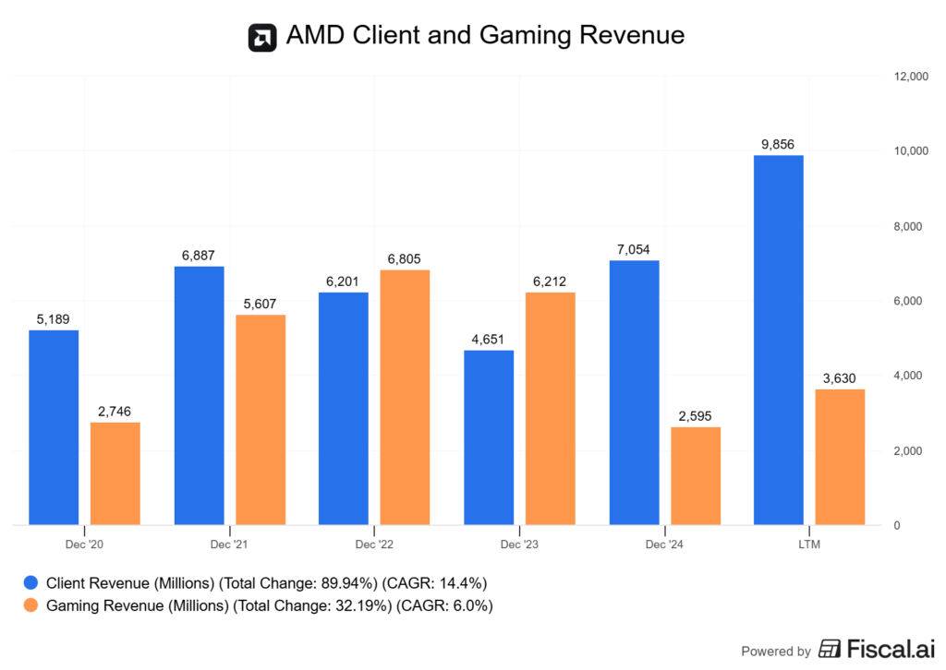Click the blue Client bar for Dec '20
pos(54,427)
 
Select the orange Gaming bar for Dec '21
pos(260,420)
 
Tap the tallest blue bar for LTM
pos(779,341)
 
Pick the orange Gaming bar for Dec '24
pos(696,476)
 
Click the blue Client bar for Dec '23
pos(489,437)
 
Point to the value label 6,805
pos(405,259)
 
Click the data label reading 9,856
pos(779,144)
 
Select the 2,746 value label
pos(115,412)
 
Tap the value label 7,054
pos(634,250)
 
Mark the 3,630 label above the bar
pos(840,378)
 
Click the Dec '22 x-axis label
pos(373,545)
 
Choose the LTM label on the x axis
pos(809,545)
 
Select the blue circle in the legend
pos(31,582)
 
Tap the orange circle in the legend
pos(31,605)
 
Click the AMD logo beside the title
pos(262,37)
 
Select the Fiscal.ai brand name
pos(881,650)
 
